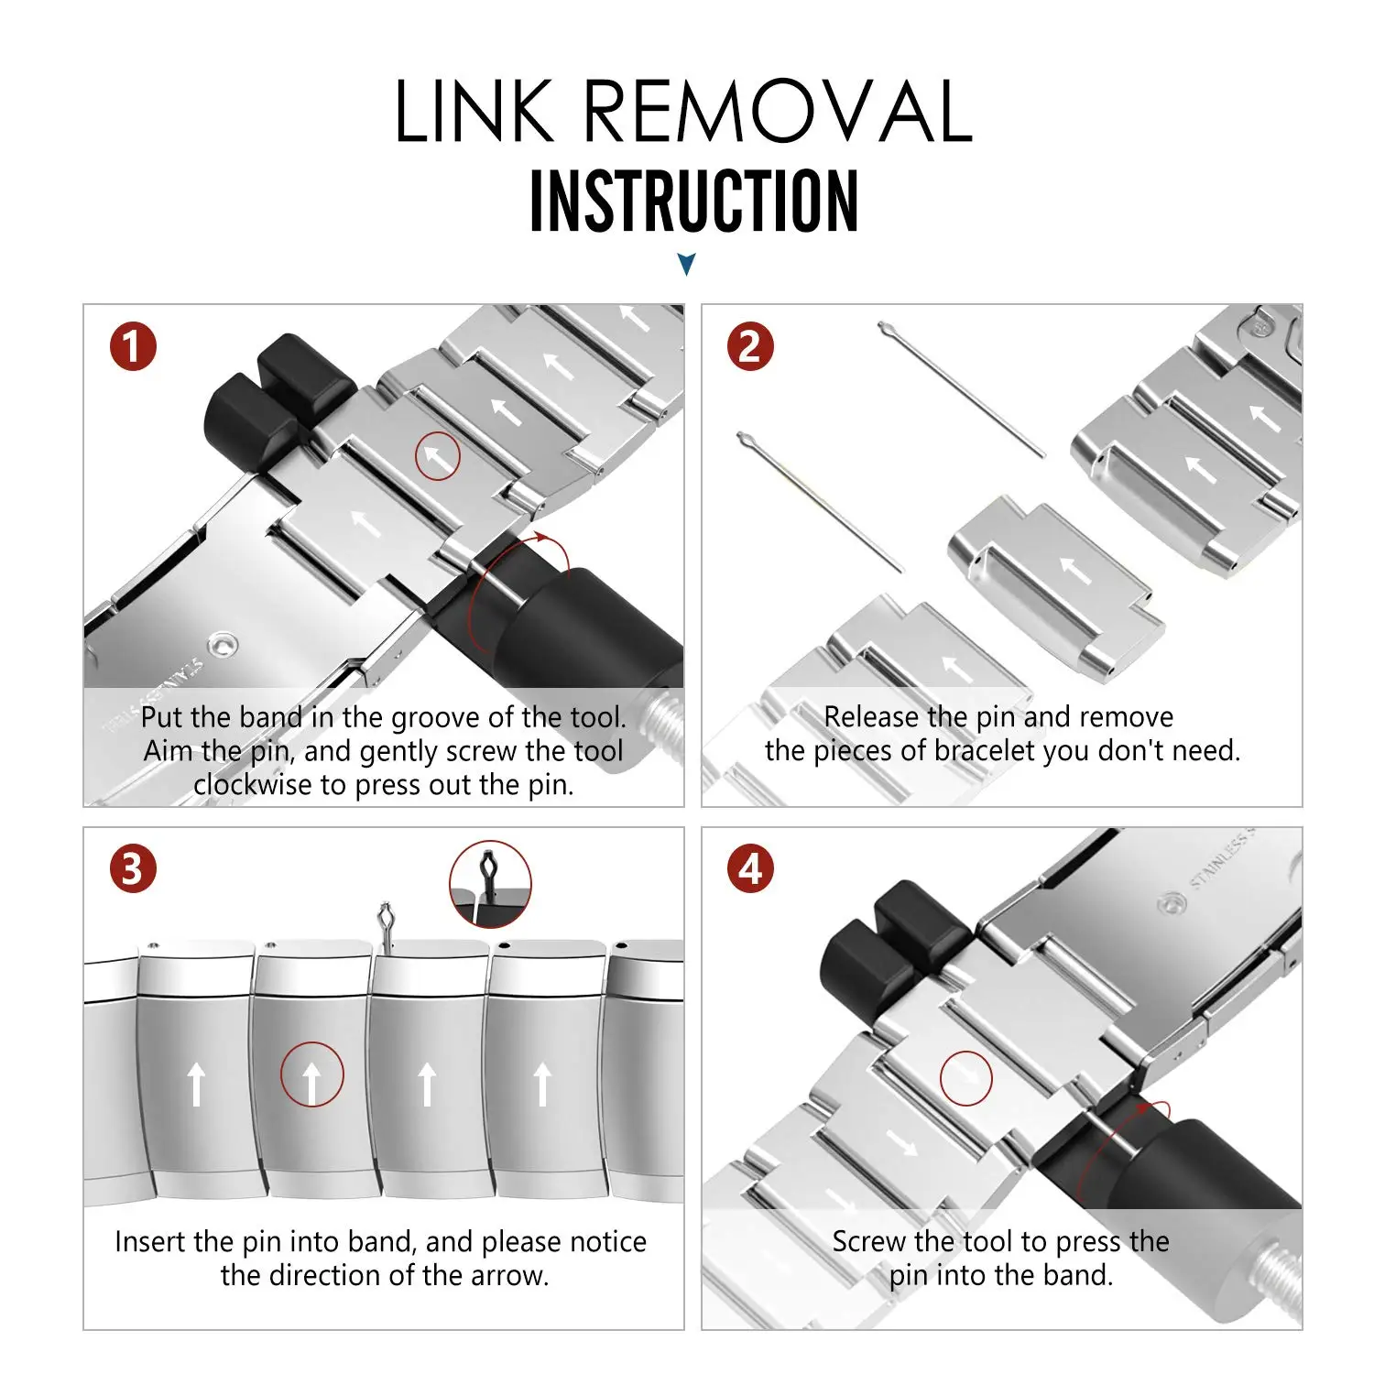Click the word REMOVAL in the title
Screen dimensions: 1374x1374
[778, 112]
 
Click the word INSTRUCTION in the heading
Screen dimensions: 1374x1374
[694, 202]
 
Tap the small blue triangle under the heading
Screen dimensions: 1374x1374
[687, 265]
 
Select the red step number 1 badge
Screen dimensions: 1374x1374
[133, 347]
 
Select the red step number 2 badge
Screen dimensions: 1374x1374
[750, 347]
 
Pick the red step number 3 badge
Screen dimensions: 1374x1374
[133, 869]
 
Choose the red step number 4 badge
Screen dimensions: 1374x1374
[750, 869]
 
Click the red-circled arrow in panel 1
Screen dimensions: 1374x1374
[438, 455]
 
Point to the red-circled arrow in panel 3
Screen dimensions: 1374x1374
[311, 1074]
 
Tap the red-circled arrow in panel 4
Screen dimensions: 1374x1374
[965, 1078]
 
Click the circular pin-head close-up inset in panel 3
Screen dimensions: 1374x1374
[490, 884]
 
